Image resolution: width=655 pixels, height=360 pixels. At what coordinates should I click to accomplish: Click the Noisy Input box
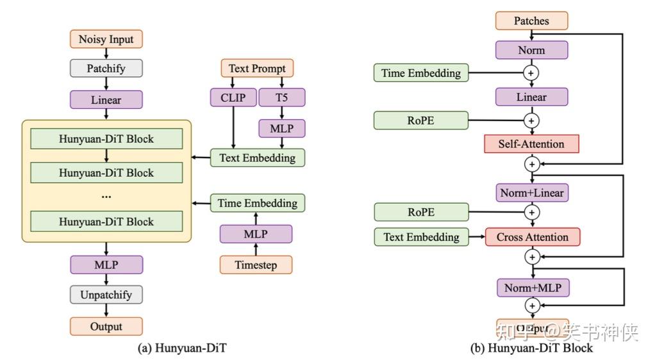point(106,39)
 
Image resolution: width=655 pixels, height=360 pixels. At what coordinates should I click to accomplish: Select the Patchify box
point(106,69)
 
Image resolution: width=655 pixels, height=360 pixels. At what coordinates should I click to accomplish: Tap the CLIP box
point(233,97)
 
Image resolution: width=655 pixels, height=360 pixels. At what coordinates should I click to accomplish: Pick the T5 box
point(281,97)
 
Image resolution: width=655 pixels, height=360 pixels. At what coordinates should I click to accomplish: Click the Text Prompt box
point(257,69)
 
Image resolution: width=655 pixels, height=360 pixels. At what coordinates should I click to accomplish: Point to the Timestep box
point(256,265)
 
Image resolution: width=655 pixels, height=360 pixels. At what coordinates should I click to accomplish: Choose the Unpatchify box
point(106,295)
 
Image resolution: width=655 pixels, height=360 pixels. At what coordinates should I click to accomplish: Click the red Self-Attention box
point(531,144)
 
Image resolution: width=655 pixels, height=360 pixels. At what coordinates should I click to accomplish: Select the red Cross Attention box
point(532,237)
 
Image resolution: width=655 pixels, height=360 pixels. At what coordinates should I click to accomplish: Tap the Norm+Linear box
point(532,192)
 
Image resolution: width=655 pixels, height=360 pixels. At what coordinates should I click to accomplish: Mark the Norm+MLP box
point(532,288)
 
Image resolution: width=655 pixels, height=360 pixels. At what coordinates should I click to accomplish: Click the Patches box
point(531,20)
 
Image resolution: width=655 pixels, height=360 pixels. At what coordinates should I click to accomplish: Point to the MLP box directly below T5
point(281,128)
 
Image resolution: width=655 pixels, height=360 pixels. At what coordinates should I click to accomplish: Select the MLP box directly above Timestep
point(256,234)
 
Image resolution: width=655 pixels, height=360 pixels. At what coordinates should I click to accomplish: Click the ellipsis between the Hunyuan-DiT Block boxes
point(106,196)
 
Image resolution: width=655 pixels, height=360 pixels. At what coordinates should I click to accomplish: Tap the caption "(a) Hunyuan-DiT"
point(182,348)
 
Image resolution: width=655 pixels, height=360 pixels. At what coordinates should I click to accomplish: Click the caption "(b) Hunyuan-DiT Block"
point(531,348)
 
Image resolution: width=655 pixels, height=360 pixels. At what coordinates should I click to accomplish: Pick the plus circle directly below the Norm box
point(531,73)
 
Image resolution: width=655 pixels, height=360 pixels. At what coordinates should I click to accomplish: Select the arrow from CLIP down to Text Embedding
point(233,128)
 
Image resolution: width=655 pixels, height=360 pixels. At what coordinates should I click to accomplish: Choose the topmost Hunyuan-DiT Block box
point(106,138)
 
